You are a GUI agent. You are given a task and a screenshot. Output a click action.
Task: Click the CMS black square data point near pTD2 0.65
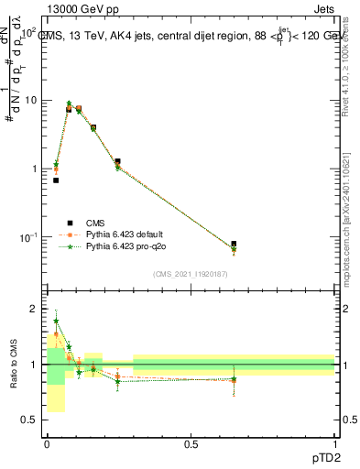point(234,245)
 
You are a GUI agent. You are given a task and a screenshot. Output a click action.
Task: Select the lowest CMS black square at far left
point(56,180)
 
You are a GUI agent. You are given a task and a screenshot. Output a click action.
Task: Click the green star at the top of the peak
point(69,104)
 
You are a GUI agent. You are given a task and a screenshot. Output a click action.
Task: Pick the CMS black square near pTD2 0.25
point(117,161)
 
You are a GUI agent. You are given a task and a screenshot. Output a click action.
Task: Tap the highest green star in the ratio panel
point(56,322)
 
